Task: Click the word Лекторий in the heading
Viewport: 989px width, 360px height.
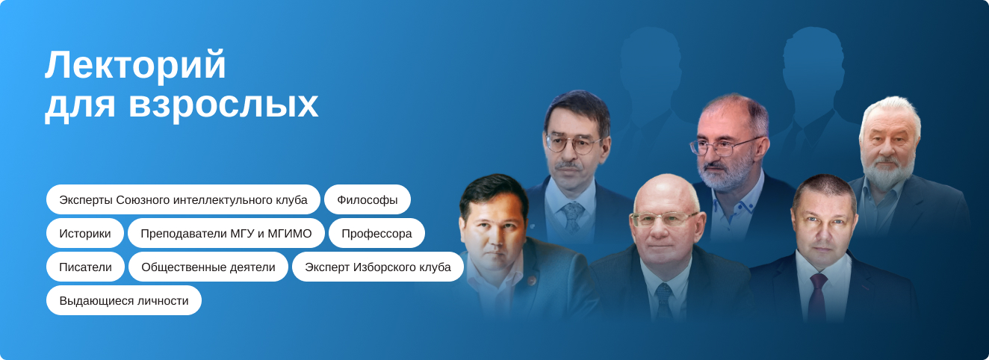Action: tap(135, 65)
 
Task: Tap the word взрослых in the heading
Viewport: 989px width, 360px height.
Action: tap(223, 105)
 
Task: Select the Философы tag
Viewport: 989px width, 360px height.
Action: tap(368, 199)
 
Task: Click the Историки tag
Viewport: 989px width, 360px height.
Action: tap(84, 233)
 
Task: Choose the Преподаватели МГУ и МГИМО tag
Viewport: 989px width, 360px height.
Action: tap(226, 233)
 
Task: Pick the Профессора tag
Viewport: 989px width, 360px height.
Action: tap(376, 233)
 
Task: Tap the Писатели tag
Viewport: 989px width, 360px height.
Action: tap(85, 267)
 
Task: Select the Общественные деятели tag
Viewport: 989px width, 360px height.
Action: tap(208, 267)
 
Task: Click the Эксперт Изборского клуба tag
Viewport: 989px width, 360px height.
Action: tap(378, 267)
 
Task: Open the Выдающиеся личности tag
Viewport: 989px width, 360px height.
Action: tap(124, 300)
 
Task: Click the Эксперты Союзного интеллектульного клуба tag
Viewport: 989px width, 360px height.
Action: tap(183, 199)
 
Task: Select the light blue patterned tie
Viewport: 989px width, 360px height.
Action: tap(572, 217)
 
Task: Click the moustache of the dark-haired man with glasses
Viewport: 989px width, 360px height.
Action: tap(568, 166)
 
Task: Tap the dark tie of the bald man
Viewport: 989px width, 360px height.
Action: tap(664, 301)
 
